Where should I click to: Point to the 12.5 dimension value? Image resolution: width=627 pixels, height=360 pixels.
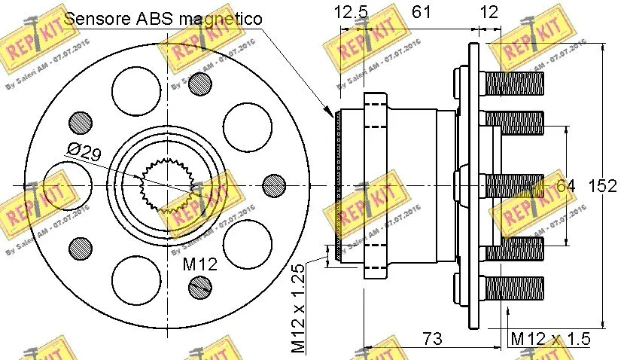coord(351,13)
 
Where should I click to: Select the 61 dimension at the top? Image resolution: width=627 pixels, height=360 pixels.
coord(422,13)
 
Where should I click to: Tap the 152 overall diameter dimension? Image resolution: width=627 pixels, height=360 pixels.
coord(603,186)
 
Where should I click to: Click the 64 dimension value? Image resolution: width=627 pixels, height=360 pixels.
coord(565,186)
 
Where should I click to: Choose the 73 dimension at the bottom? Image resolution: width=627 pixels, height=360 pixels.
coord(431,338)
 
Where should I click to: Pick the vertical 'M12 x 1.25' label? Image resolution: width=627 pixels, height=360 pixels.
coord(298,308)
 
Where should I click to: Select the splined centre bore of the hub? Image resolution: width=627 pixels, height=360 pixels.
coord(167,185)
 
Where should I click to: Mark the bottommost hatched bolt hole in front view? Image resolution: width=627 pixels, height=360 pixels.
coord(200,285)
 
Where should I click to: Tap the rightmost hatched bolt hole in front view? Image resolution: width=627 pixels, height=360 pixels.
coord(273,185)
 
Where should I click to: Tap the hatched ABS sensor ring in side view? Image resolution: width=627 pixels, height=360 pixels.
coord(339,186)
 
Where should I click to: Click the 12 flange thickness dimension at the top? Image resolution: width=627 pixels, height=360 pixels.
coord(489,13)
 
